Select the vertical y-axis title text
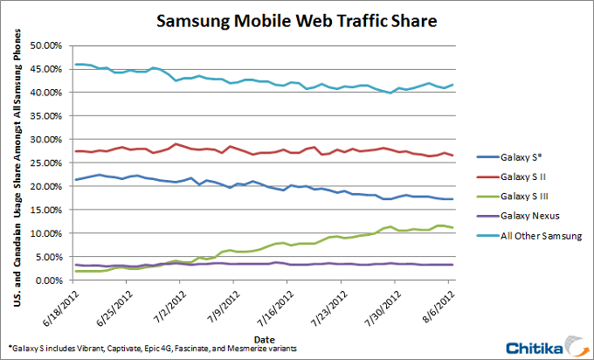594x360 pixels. pos(15,163)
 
